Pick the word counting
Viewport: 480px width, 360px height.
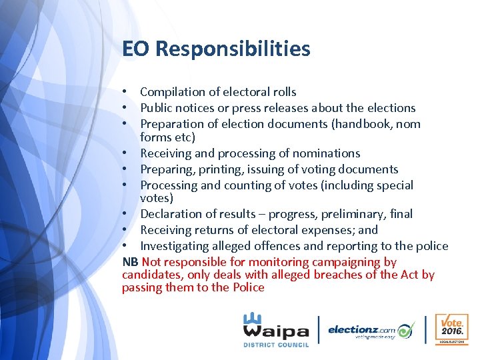(253, 185)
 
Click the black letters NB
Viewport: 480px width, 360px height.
(130, 262)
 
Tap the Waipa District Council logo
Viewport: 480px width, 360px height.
(275, 330)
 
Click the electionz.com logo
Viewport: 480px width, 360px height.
(371, 330)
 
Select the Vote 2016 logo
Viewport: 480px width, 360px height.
(452, 329)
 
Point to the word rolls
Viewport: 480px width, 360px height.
(283, 92)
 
